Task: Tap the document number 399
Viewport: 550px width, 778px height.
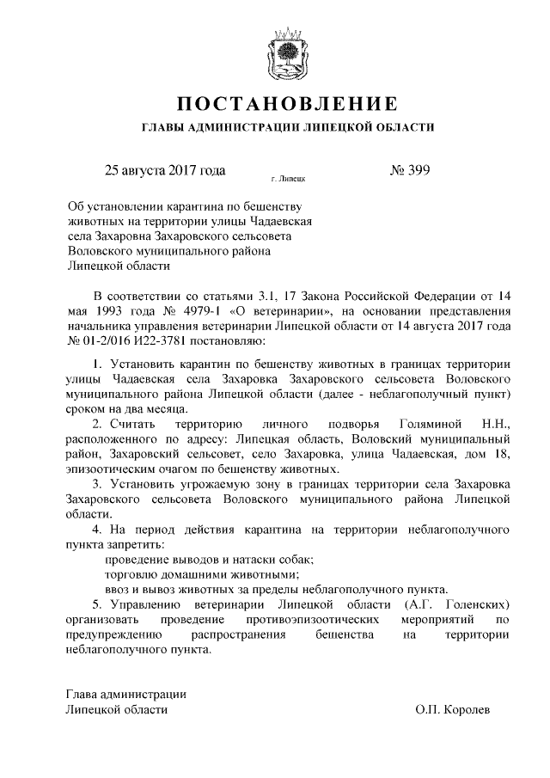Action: (x=418, y=169)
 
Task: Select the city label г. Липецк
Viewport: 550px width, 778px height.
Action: (x=287, y=180)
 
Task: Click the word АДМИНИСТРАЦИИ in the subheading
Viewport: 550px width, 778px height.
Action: (x=239, y=128)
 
